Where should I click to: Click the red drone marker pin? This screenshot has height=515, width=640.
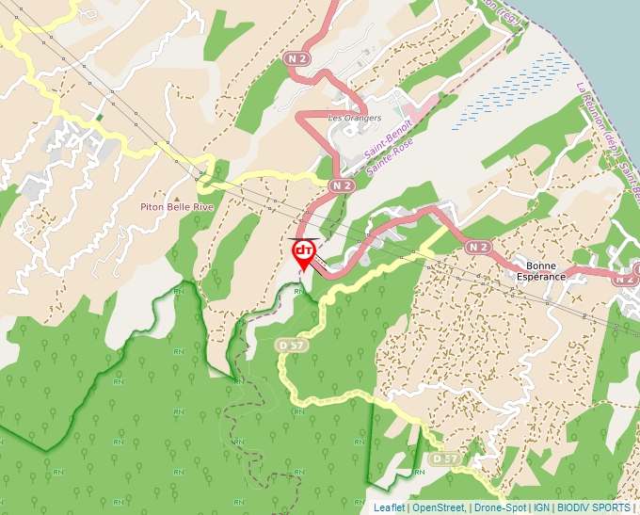pos(304,252)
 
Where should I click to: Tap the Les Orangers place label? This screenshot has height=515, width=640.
pos(354,119)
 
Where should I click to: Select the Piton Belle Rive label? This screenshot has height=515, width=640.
pos(178,206)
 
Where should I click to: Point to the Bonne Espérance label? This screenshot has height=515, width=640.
pos(540,271)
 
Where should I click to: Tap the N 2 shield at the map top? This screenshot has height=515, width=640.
pos(297,58)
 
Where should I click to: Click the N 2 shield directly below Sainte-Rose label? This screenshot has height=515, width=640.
pos(342,186)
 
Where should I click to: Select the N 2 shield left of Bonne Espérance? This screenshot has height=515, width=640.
pos(478,248)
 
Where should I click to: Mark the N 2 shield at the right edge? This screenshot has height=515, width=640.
pos(626,279)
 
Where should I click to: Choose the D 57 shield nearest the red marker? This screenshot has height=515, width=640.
pos(292,346)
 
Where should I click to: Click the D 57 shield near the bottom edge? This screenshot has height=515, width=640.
pos(444,459)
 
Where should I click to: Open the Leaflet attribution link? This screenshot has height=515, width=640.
pos(389,507)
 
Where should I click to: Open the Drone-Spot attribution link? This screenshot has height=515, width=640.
pos(501,507)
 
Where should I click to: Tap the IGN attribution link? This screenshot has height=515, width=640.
pos(542,507)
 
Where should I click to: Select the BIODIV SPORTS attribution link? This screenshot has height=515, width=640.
pos(594,507)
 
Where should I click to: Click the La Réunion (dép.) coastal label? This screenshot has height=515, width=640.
pos(602,132)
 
